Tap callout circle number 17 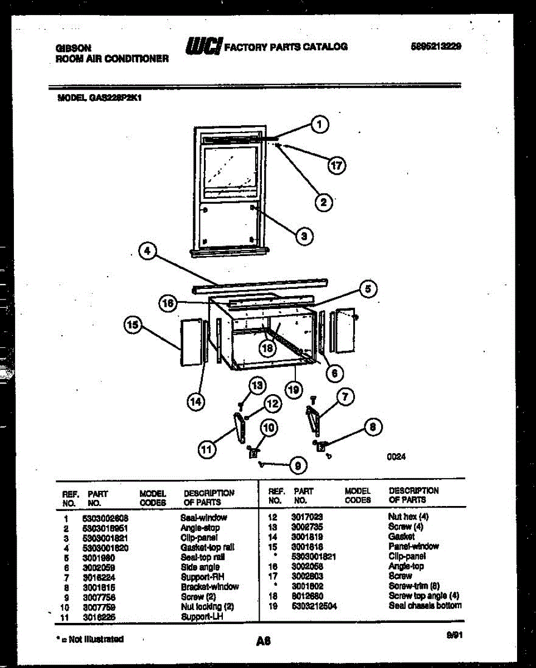(337, 165)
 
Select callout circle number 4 (147, 252)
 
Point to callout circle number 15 (133, 326)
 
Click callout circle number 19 (294, 389)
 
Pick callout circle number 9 (298, 466)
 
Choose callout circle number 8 (373, 428)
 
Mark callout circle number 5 (368, 288)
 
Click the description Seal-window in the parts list (203, 518)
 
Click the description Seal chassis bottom (425, 606)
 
